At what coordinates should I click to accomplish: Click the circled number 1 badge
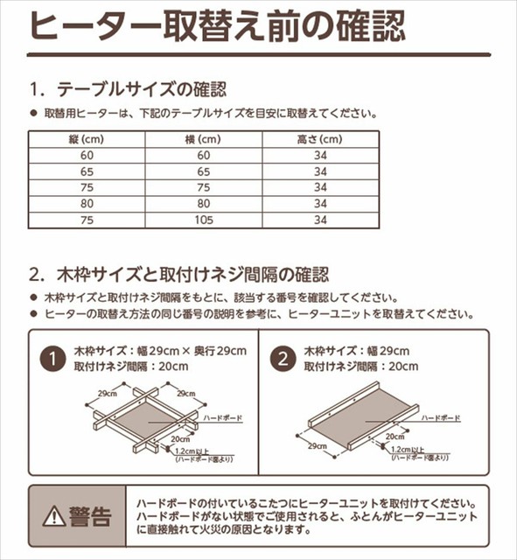pyautogui.click(x=54, y=358)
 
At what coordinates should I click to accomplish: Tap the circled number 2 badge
pyautogui.click(x=283, y=358)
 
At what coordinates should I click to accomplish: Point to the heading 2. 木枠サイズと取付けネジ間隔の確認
pyautogui.click(x=178, y=273)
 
